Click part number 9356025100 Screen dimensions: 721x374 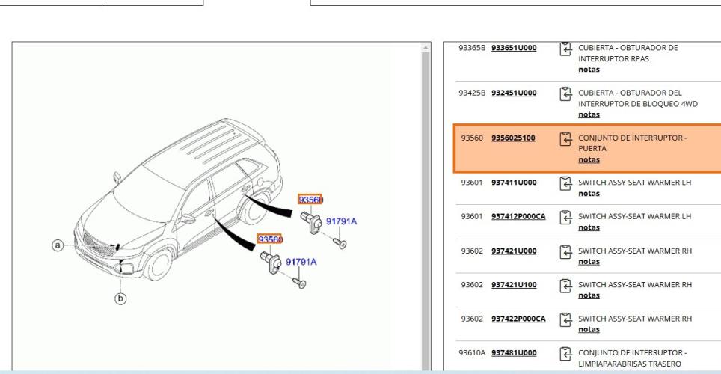pyautogui.click(x=513, y=138)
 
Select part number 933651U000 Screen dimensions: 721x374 pyautogui.click(x=514, y=47)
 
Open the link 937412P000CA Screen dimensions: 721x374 pyautogui.click(x=518, y=216)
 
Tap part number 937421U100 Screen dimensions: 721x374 pyautogui.click(x=514, y=285)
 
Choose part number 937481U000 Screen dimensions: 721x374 pyautogui.click(x=514, y=352)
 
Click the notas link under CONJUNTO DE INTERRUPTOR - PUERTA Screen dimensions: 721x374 pyautogui.click(x=589, y=159)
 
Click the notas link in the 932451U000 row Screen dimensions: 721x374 pyautogui.click(x=589, y=114)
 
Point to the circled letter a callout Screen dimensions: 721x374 pyautogui.click(x=58, y=245)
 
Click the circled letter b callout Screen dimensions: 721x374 pyautogui.click(x=120, y=298)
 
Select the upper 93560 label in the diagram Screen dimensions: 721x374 pyautogui.click(x=310, y=200)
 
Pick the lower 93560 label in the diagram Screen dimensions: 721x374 pyautogui.click(x=270, y=239)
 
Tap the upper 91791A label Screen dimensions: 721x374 pyautogui.click(x=341, y=221)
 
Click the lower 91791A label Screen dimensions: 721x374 pyautogui.click(x=301, y=262)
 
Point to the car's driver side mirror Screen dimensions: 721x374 pyautogui.click(x=187, y=218)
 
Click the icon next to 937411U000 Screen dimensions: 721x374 pyautogui.click(x=565, y=183)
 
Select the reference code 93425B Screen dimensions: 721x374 pyautogui.click(x=472, y=93)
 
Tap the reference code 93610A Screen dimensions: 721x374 pyautogui.click(x=472, y=352)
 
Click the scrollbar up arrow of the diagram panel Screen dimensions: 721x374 pyautogui.click(x=426, y=47)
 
